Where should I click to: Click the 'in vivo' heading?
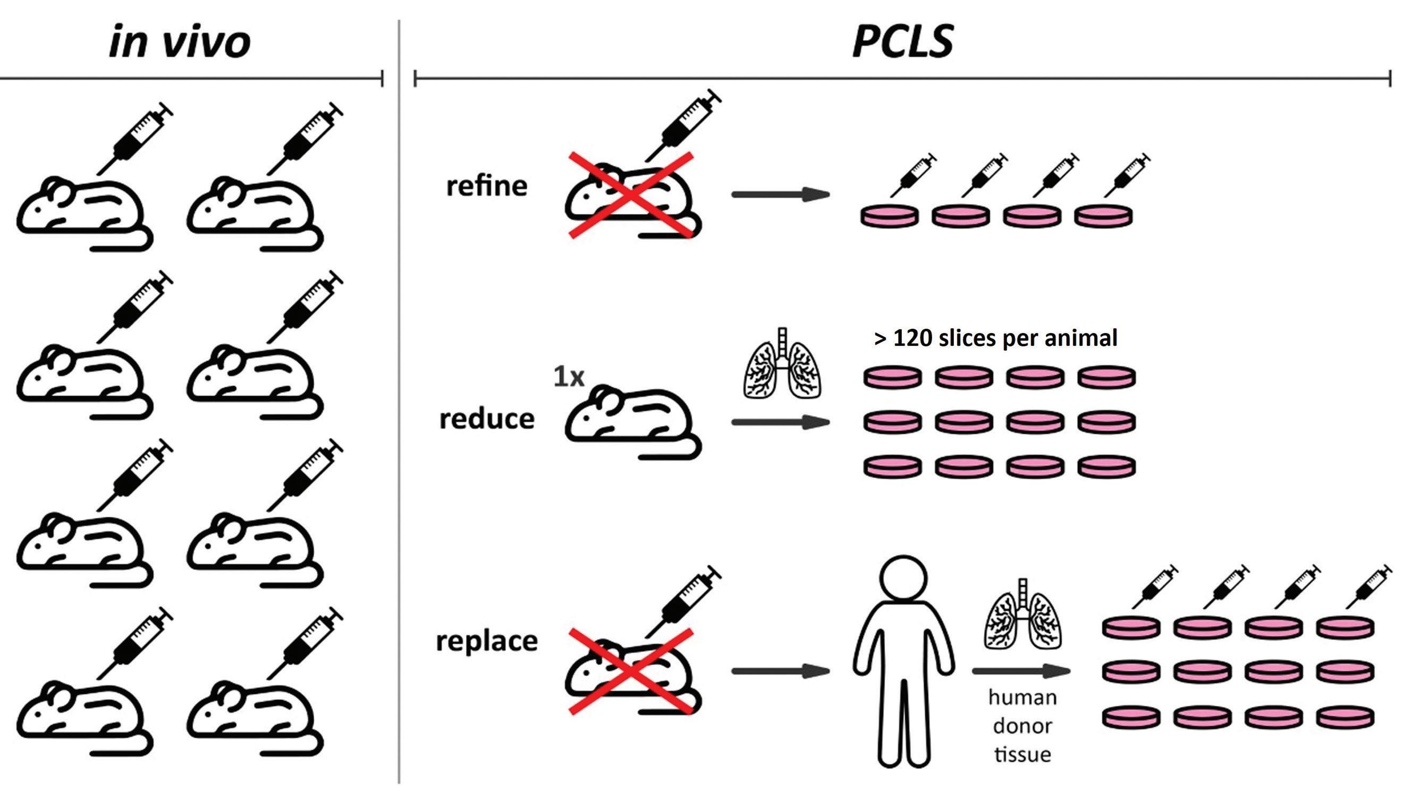pos(180,42)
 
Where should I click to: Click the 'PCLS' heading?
pos(902,42)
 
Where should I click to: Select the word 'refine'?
pos(486,185)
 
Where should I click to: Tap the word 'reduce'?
pos(486,419)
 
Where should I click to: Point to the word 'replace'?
pos(486,641)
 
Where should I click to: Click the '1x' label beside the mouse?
pos(569,377)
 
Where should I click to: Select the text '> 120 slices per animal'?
pos(995,338)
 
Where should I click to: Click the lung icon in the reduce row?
pos(782,364)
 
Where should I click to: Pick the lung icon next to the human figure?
pos(1022,615)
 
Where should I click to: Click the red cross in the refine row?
pos(631,194)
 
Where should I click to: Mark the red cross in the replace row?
pos(631,671)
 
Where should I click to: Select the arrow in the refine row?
pos(780,194)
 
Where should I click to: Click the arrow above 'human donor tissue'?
pos(1020,671)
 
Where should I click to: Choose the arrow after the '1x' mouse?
pos(780,422)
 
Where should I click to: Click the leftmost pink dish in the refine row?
pos(889,216)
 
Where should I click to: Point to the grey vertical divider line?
pos(399,400)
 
